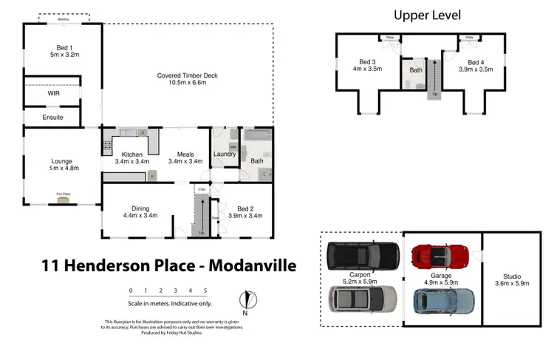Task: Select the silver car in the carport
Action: (x=362, y=299)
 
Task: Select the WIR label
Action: (x=53, y=94)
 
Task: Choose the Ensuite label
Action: (x=52, y=118)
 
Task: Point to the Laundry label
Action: (x=225, y=154)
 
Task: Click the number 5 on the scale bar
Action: (x=205, y=291)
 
